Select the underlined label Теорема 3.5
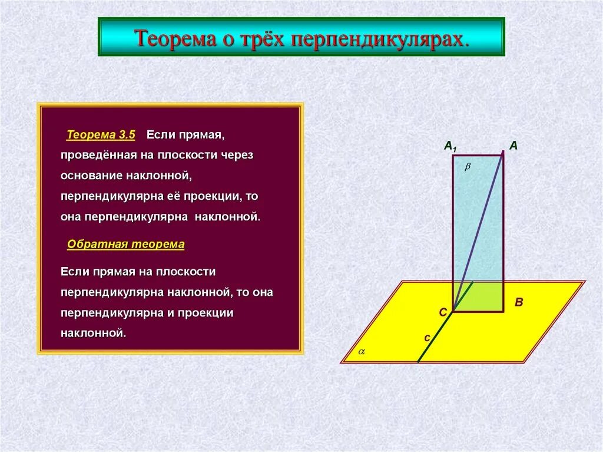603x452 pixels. click(x=101, y=135)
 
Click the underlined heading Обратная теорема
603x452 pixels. click(x=125, y=244)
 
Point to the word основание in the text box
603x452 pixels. click(x=91, y=175)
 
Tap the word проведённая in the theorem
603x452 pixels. click(x=97, y=155)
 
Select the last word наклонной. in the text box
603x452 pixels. click(x=94, y=332)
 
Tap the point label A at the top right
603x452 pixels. click(x=513, y=146)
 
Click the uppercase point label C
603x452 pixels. click(x=443, y=313)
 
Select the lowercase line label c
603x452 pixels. click(x=428, y=338)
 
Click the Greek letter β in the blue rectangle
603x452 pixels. click(x=468, y=167)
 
